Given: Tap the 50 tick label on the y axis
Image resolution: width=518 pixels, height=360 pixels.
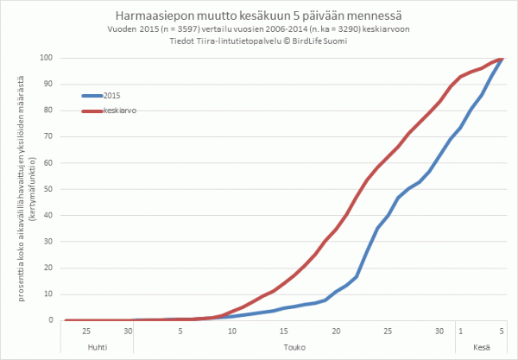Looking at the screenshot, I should [50, 189].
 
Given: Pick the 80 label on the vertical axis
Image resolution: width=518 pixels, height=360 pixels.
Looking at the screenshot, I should [50, 111].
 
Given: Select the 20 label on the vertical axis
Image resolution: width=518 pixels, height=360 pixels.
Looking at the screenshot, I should [50, 268].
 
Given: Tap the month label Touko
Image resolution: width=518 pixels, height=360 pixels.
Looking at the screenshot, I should [294, 349].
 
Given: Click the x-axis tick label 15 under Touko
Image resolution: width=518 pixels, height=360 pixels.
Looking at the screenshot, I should [284, 331].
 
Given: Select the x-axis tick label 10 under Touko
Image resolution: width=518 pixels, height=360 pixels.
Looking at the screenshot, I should [231, 331].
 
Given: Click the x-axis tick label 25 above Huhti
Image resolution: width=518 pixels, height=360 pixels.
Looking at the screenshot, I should [85, 331].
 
